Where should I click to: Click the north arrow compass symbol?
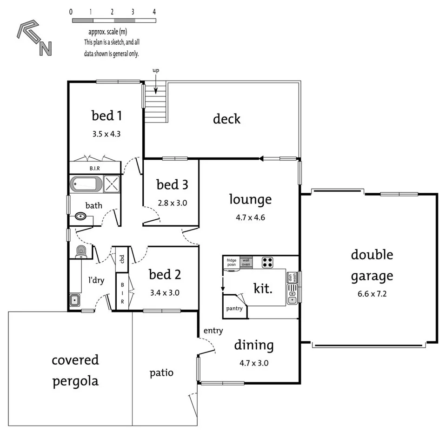tap(34, 39)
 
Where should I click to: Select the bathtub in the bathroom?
tap(86, 184)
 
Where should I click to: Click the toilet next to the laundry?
tap(81, 251)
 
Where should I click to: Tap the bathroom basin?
tap(80, 217)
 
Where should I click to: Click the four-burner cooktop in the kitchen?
tap(267, 262)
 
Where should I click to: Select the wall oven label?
tap(246, 262)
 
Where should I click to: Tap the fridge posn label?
tap(232, 262)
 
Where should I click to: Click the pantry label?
tap(234, 308)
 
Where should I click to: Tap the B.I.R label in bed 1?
tap(95, 168)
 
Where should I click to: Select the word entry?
tap(213, 331)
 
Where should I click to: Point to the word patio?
tap(161, 373)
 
